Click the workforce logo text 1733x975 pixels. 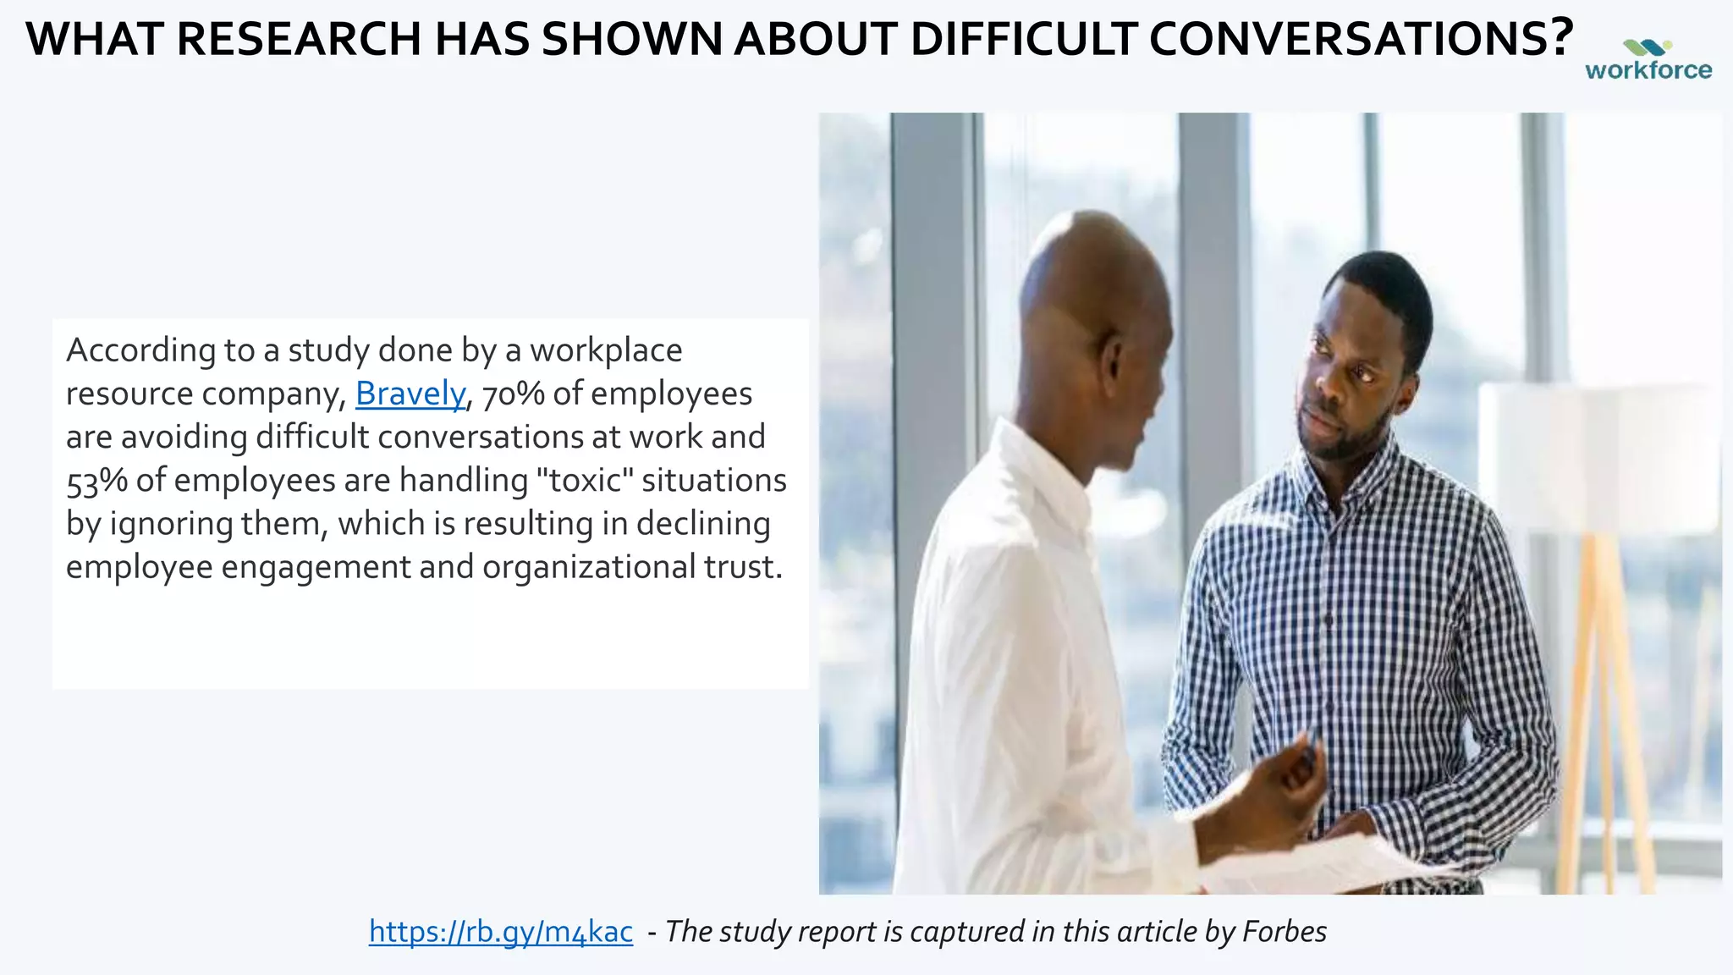[1648, 70]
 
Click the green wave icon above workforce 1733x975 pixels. [1647, 47]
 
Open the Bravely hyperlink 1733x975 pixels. [410, 394]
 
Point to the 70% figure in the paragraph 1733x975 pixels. [513, 394]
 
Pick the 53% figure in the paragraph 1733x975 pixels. [96, 481]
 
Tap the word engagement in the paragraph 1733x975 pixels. [316, 566]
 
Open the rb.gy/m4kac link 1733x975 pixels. [501, 932]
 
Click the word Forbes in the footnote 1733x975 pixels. [1284, 932]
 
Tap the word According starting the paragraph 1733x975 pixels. [140, 350]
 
